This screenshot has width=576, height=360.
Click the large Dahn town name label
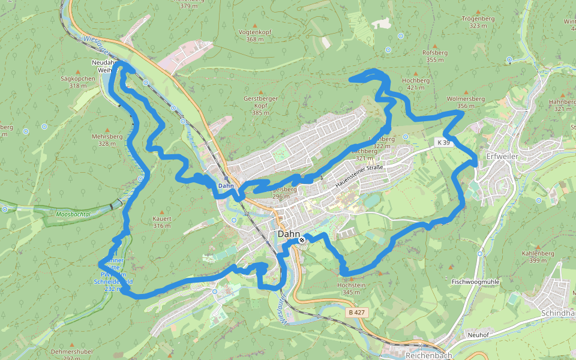[x=289, y=234]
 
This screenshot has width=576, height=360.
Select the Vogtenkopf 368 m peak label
[x=254, y=35]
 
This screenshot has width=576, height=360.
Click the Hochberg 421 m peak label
[x=415, y=83]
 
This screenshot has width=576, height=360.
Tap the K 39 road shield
[x=443, y=142]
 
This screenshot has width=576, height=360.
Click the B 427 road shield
[x=356, y=313]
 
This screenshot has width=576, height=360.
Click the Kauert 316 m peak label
[x=162, y=222]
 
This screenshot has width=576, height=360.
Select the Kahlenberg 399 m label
[x=537, y=256]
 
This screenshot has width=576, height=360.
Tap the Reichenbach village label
[x=428, y=355]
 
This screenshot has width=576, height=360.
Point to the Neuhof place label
[x=479, y=335]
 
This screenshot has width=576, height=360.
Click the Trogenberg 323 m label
[x=478, y=22]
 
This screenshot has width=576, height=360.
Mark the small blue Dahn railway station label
[x=226, y=185]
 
